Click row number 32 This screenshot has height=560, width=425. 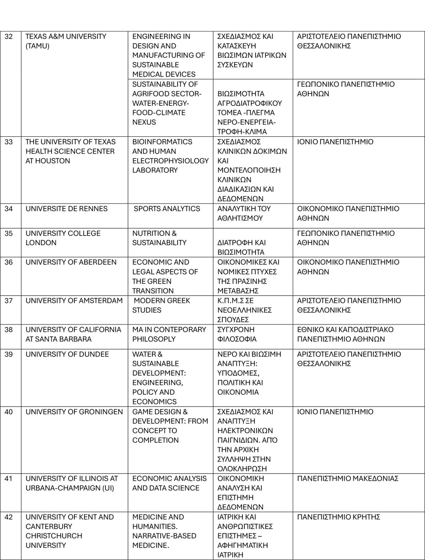[9, 37]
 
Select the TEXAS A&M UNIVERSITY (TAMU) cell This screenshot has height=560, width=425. [66, 41]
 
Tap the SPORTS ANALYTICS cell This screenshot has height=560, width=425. [167, 209]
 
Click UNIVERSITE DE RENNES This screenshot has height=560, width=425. [67, 209]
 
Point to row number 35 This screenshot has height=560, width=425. [9, 234]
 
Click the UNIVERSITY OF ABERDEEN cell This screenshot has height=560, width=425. [71, 262]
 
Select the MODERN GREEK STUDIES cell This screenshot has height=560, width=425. [161, 305]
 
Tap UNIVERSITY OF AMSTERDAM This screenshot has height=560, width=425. [74, 301]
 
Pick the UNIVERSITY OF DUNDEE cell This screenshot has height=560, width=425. [67, 354]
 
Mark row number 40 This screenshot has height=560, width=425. [9, 412]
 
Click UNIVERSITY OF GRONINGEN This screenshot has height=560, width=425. [74, 412]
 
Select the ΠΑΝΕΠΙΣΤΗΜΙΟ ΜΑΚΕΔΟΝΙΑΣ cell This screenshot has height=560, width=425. [347, 479]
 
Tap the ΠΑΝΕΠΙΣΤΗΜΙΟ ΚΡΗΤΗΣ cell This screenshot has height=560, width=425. [338, 517]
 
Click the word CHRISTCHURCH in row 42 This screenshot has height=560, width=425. [54, 536]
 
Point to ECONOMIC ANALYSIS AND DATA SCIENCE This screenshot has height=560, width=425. [169, 483]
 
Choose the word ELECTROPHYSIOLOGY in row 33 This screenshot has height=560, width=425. [170, 161]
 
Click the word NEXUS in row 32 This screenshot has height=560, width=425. [144, 122]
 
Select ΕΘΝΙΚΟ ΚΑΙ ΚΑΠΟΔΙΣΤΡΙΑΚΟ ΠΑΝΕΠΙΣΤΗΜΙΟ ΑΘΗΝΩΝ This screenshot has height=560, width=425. [345, 334]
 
